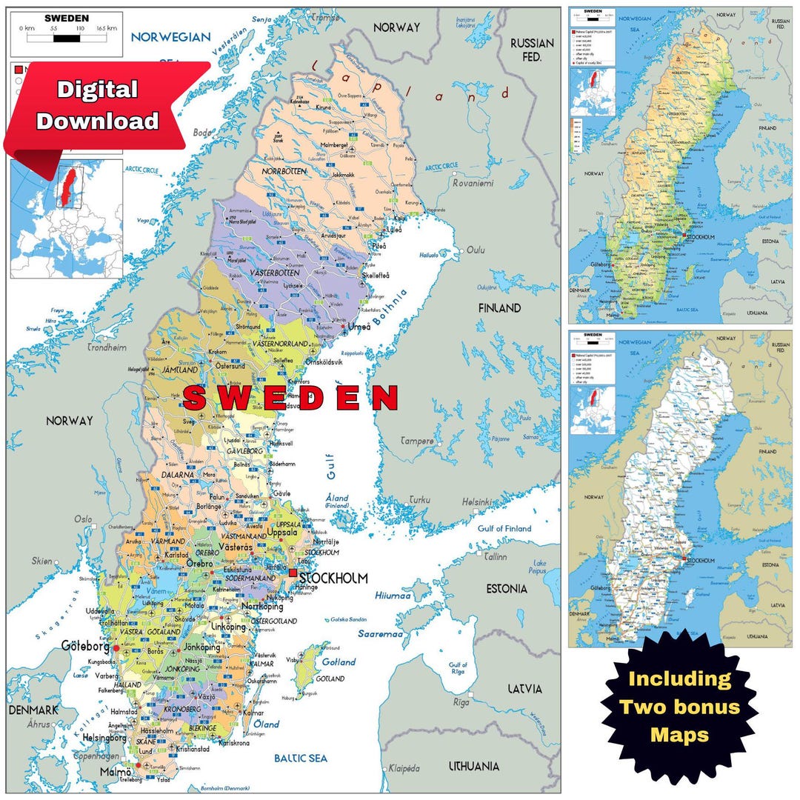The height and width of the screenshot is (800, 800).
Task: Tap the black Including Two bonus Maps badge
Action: [x=679, y=707]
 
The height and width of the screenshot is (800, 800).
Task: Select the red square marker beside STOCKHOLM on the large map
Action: [x=293, y=573]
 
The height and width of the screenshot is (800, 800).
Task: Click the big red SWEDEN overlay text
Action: [x=291, y=398]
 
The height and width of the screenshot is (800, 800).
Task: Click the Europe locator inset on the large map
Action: [x=66, y=219]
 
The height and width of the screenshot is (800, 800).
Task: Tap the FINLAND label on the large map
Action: [x=499, y=307]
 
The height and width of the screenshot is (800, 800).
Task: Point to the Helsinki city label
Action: [x=479, y=502]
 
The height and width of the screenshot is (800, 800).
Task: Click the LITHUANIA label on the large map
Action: [x=473, y=766]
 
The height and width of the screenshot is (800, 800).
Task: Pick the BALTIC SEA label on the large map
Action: [x=300, y=758]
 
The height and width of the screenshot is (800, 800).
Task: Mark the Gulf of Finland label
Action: [x=504, y=528]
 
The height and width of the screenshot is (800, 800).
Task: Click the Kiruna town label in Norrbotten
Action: [x=324, y=107]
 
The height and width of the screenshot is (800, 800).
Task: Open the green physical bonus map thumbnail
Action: [x=679, y=164]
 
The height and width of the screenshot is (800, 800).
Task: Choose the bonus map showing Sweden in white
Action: [x=679, y=488]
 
